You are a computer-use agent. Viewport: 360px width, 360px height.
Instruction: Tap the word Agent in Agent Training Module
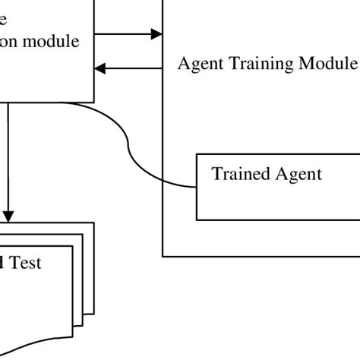[x=199, y=63]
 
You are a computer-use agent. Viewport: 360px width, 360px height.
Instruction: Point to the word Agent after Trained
[x=297, y=174]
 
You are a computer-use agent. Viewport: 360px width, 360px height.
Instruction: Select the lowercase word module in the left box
[x=54, y=41]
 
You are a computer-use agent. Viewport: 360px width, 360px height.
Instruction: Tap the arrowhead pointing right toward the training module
[x=156, y=33]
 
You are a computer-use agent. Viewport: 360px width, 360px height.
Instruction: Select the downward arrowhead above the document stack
[x=8, y=215]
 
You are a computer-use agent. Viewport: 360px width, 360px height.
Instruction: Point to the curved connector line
[x=130, y=148]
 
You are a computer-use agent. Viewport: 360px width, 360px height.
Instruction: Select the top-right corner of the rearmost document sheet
[x=93, y=223]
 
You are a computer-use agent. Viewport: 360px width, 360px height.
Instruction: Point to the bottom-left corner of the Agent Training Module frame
[x=163, y=256]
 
